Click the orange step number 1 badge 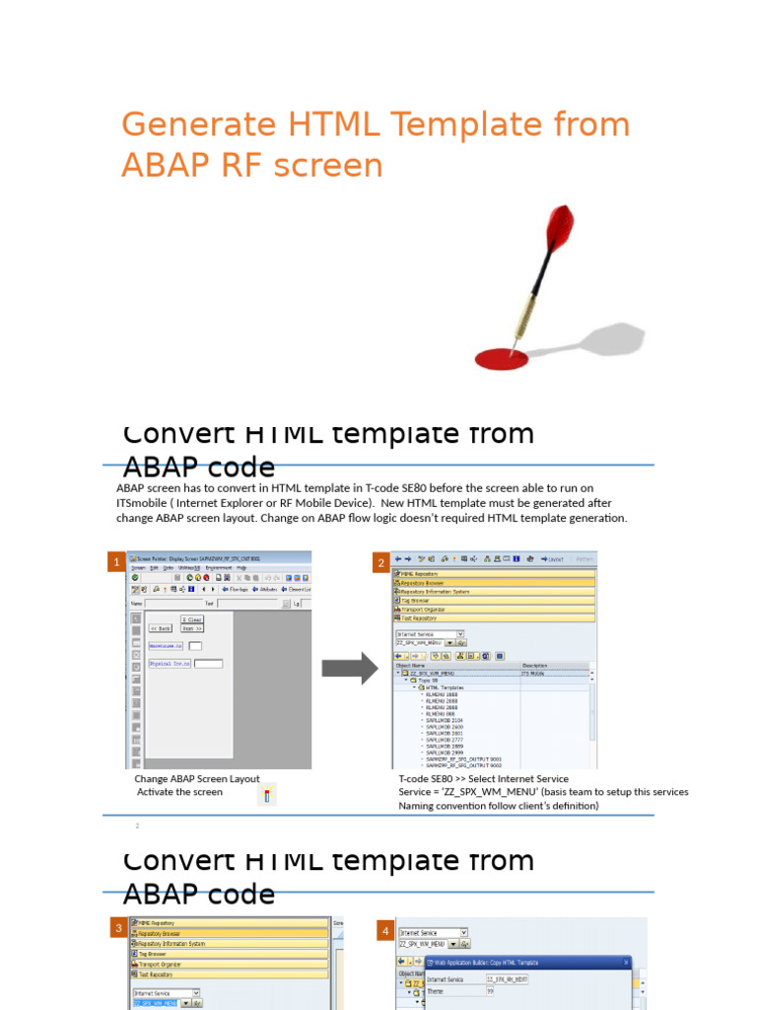(117, 562)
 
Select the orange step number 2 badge (380, 563)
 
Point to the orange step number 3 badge (117, 928)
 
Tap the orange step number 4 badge (384, 930)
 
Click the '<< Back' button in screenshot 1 (161, 627)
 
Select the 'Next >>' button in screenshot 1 (192, 627)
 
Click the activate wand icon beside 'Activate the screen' (267, 795)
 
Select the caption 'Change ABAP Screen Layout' (197, 778)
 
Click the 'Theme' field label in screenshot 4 (436, 992)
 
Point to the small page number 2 (138, 826)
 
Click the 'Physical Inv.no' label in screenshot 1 (170, 664)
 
